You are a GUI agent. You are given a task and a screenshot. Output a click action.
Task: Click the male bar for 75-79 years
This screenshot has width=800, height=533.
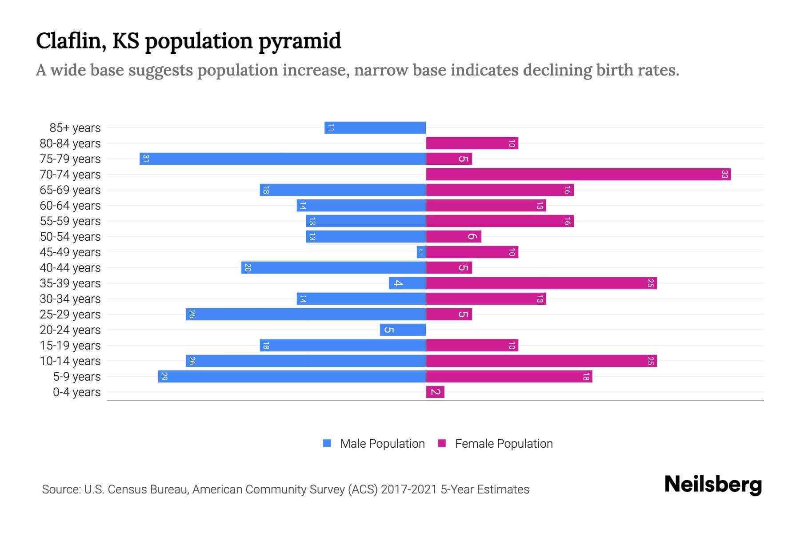pos(283,159)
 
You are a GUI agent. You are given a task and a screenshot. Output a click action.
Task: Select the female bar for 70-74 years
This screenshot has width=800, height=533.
pos(578,175)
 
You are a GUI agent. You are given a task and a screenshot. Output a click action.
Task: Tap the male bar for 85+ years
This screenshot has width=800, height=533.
pos(375,128)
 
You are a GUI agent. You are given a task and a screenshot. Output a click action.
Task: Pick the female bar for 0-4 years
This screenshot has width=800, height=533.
pos(435,392)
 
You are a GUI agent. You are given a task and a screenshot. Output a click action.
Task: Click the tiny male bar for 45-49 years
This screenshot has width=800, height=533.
pos(421,252)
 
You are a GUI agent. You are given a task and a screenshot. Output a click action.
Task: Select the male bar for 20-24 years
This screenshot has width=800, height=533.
pos(403,330)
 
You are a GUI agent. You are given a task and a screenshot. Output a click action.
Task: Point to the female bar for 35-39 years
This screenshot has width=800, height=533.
pos(541,283)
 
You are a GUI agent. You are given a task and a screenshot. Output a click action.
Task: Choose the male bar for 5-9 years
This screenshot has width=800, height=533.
pos(292,377)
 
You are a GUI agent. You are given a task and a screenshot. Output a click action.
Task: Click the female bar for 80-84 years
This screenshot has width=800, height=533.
pos(472,143)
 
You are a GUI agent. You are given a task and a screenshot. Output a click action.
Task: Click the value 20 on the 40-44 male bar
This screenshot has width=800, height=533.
pos(248,268)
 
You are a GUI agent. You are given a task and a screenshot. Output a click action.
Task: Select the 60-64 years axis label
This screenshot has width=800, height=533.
pos(70,206)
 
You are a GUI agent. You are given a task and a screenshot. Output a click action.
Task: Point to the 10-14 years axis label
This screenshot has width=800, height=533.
pos(70,361)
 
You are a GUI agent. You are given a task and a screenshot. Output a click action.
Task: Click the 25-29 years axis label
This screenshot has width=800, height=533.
pos(70,314)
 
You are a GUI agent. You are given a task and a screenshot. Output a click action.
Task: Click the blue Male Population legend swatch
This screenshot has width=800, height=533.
pos(327,443)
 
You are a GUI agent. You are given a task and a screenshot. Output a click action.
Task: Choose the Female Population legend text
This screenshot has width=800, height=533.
pos(504,444)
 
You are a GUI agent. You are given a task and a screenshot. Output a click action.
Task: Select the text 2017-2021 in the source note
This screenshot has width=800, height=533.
pos(409,489)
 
